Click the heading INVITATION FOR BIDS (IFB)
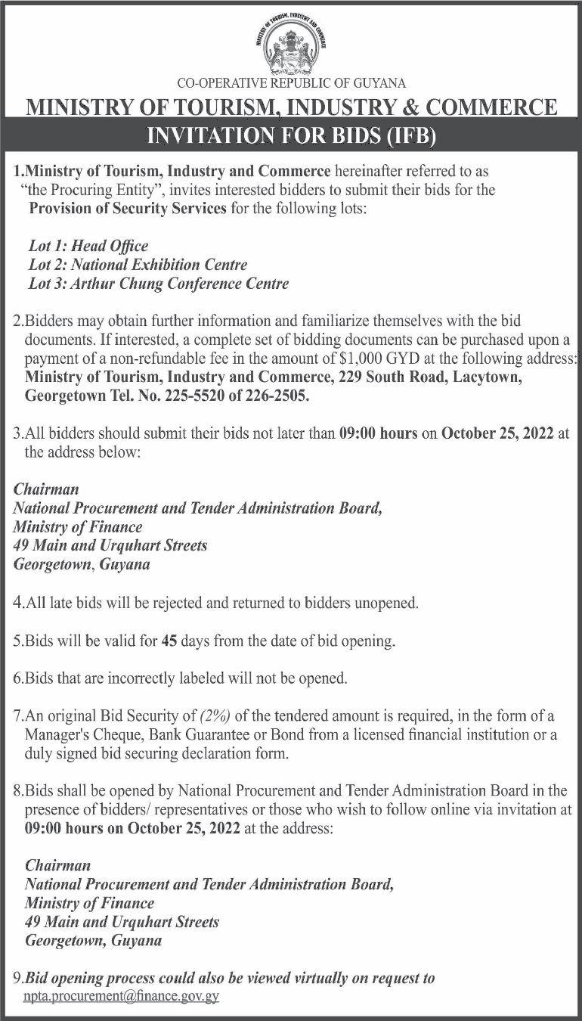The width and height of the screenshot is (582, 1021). point(291,135)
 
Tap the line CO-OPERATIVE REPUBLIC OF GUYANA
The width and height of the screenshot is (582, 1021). point(291,83)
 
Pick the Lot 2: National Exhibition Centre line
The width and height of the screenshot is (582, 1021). point(136,265)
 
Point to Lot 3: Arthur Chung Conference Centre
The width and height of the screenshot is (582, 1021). point(157,284)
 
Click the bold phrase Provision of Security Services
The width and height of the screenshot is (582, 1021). point(128,208)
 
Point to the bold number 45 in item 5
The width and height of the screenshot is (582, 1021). point(170,641)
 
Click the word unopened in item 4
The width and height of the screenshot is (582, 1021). point(381,604)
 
